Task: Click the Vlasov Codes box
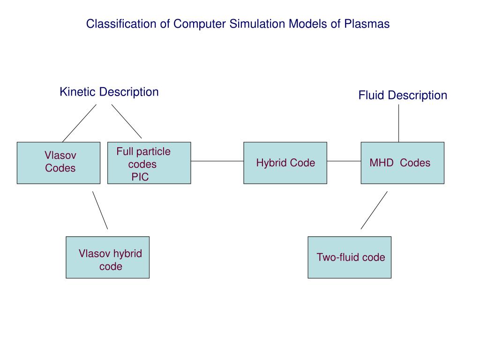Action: point(59,163)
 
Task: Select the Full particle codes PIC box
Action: point(149,163)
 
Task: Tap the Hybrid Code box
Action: point(285,163)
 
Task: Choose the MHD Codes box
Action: point(403,163)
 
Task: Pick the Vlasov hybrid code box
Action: point(108,257)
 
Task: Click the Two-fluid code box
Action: point(350,257)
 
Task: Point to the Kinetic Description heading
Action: point(109,92)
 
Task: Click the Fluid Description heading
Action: point(403,95)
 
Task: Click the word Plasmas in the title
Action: point(367,24)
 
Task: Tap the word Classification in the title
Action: point(121,24)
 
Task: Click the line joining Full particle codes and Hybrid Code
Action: point(217,161)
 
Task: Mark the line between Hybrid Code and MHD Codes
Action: point(344,161)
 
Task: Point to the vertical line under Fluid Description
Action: point(398,123)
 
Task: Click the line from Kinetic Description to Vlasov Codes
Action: point(79,123)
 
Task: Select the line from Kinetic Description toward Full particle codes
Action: point(127,121)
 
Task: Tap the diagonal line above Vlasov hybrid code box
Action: point(100,210)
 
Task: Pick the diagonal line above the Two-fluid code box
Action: point(374,210)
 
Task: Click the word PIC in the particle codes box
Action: point(140,177)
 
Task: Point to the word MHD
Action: point(382,163)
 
